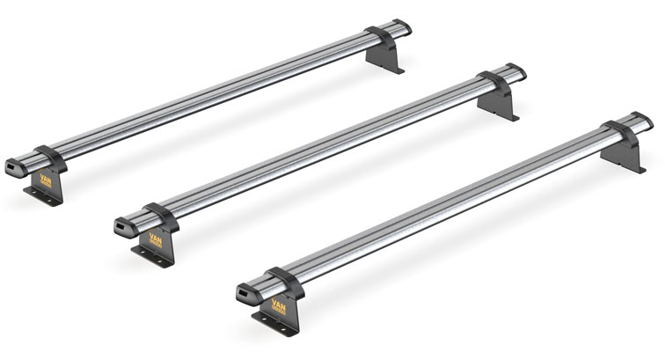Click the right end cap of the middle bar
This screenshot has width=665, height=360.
click(515, 71)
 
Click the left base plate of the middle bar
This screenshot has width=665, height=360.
click(150, 253)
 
